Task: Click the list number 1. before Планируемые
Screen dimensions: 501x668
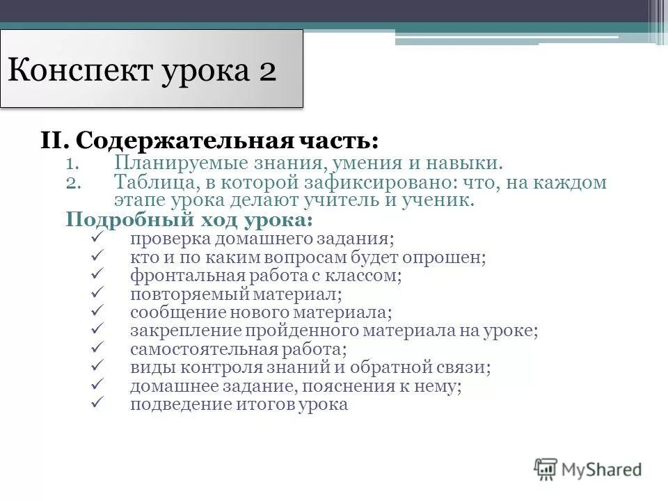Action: click(75, 164)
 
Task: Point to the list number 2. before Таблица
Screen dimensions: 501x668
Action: click(75, 183)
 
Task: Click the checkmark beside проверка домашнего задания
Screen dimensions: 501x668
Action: click(97, 238)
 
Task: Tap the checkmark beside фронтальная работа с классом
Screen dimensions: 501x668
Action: click(97, 274)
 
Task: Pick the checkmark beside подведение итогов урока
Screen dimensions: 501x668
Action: click(97, 403)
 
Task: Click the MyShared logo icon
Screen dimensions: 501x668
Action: click(546, 468)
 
